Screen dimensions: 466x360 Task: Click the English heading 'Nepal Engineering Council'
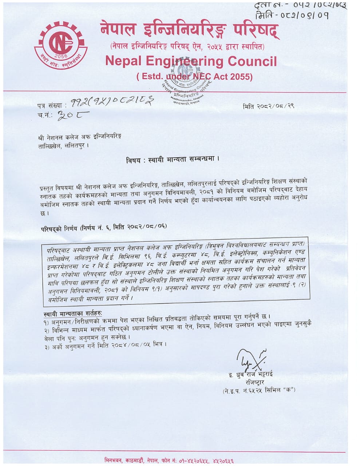(191, 61)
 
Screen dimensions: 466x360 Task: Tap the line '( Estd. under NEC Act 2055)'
(194, 77)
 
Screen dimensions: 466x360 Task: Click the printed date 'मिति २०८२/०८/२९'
(268, 107)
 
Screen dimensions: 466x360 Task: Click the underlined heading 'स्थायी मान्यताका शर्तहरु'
(73, 313)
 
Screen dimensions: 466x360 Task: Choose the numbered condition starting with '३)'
(104, 344)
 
